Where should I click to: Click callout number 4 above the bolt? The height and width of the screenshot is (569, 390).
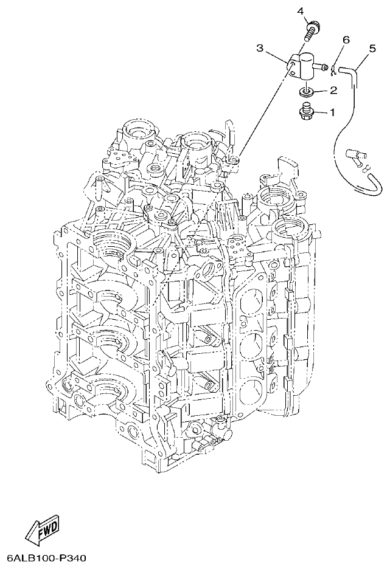(x=300, y=10)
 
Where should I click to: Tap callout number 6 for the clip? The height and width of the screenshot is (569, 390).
(x=346, y=40)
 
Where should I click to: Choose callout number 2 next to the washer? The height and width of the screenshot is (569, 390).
(x=333, y=91)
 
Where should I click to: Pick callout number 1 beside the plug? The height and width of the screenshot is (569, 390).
(x=333, y=112)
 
